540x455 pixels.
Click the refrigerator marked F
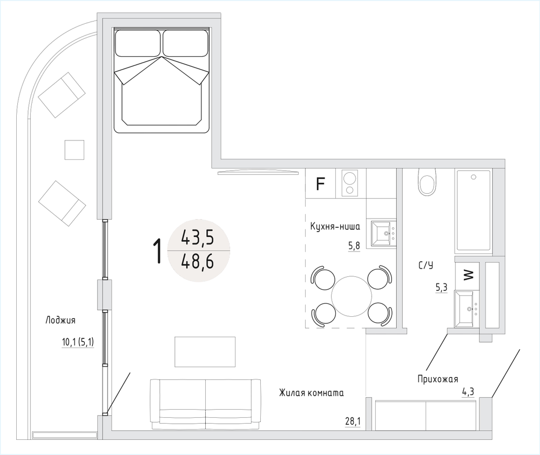click(320, 184)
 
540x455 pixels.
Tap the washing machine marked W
click(467, 275)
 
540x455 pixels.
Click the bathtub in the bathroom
click(474, 211)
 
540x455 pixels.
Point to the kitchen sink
click(383, 234)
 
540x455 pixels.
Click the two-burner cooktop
click(349, 183)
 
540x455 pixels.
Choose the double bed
click(162, 81)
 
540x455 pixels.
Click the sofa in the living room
click(205, 404)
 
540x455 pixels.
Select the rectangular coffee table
click(205, 352)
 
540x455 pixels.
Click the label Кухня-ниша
click(335, 227)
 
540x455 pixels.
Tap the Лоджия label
click(60, 321)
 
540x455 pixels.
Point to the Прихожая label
click(438, 379)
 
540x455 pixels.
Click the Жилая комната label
click(312, 393)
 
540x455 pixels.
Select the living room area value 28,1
click(353, 421)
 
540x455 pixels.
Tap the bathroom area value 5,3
click(442, 287)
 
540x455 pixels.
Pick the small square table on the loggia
click(75, 150)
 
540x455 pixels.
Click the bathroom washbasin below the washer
click(467, 309)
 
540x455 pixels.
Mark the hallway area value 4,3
click(469, 392)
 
